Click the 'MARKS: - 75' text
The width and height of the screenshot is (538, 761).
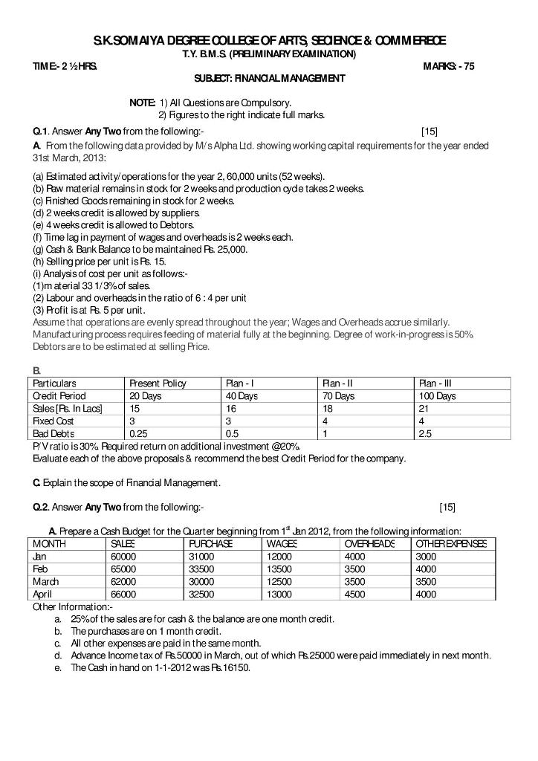click(448, 66)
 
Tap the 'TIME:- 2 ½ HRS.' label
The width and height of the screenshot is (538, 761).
click(63, 66)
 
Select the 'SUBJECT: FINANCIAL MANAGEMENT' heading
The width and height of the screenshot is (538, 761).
click(269, 78)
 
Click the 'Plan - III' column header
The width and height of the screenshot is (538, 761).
click(435, 383)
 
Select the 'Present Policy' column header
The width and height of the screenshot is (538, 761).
click(158, 383)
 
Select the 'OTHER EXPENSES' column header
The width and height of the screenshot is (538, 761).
click(451, 544)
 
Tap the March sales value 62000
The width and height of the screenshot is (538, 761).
click(123, 581)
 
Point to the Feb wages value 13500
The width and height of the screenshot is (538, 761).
click(279, 569)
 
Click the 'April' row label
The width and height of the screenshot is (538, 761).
click(43, 594)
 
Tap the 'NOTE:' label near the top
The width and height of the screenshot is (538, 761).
click(142, 102)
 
